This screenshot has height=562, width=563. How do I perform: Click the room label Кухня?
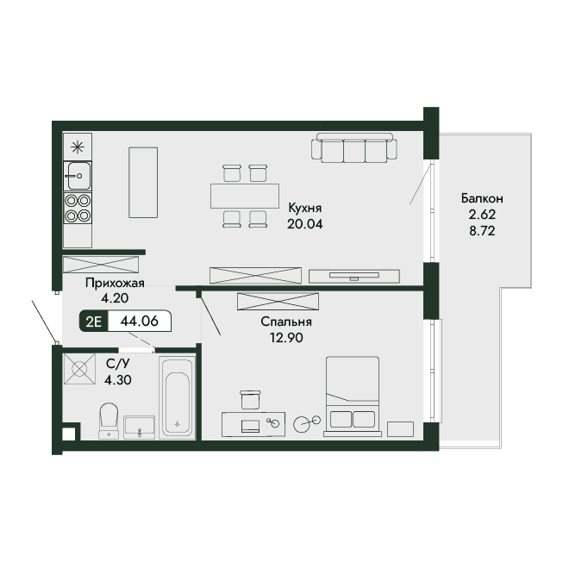coord(305,208)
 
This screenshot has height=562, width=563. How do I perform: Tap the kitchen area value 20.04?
coord(305,224)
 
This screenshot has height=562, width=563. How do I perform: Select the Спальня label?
coord(286,322)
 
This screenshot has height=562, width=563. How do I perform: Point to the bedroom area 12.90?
coord(286,338)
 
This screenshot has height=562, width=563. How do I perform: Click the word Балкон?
coord(482,198)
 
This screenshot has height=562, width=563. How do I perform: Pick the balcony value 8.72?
coord(482,231)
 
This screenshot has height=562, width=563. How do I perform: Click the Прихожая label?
coord(115,283)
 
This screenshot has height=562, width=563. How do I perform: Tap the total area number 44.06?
coord(140,321)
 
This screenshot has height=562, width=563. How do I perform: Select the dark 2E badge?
coord(93,322)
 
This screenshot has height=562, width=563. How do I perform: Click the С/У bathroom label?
coord(118,364)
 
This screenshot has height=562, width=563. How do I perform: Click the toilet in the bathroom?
coord(109,421)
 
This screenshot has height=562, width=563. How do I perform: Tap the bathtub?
coord(177,397)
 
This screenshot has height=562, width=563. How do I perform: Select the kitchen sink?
coord(78,176)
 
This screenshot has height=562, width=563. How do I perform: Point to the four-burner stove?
coord(78,208)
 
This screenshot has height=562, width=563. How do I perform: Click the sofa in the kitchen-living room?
coord(354,148)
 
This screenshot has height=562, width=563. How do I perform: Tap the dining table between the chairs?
coord(245,196)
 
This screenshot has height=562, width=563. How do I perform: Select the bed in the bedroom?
coord(353,397)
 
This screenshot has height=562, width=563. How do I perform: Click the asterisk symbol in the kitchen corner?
coord(78,147)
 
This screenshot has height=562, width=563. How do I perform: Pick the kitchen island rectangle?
coord(143,183)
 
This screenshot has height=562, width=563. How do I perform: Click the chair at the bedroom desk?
coord(250,400)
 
